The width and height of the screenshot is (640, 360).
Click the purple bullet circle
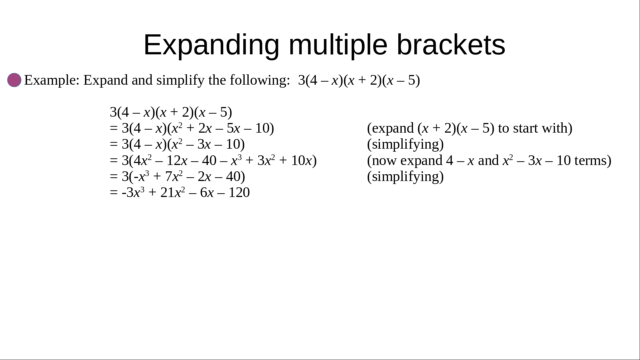pyautogui.click(x=14, y=80)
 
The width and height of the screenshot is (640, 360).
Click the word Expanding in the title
pyautogui.click(x=211, y=45)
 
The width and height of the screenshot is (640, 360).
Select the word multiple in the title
pyautogui.click(x=338, y=45)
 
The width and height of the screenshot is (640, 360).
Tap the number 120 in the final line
pyautogui.click(x=239, y=193)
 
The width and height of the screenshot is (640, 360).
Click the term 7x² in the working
pyautogui.click(x=174, y=176)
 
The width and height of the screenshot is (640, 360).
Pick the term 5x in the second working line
pyautogui.click(x=233, y=128)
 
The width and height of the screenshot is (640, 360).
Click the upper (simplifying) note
pyautogui.click(x=405, y=144)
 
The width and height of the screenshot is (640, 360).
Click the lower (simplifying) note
pyautogui.click(x=405, y=177)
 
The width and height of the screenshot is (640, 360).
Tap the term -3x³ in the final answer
pyautogui.click(x=133, y=192)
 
